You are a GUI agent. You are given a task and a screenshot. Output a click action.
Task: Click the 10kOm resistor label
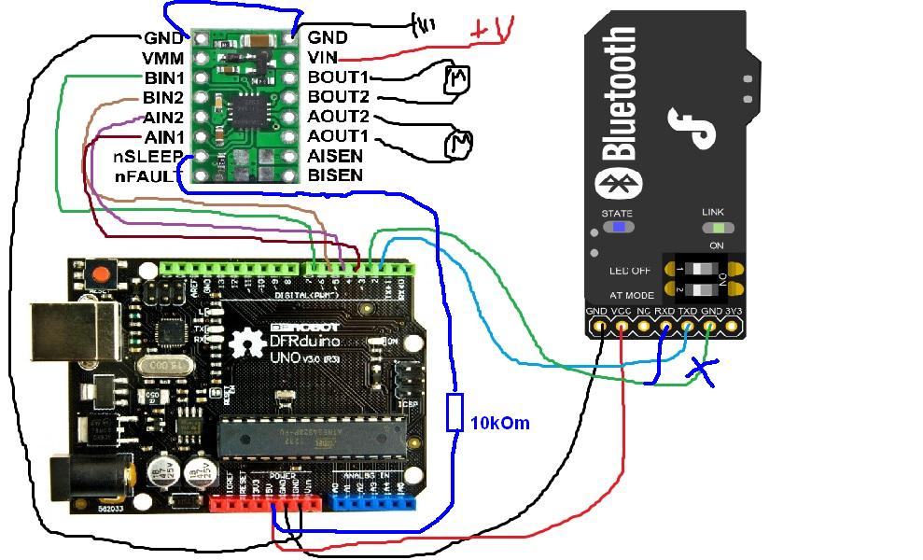[x=500, y=423]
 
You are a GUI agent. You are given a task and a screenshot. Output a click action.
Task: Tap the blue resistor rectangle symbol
[x=455, y=412]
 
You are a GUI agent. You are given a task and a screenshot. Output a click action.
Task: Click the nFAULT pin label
[x=147, y=175]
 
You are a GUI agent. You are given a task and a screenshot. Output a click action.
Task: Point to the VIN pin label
[x=323, y=58]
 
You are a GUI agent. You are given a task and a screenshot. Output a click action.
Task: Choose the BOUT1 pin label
[x=338, y=77]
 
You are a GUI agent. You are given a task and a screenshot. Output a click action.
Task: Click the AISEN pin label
[x=335, y=156]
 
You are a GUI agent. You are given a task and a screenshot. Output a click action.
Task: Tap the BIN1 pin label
[x=163, y=77]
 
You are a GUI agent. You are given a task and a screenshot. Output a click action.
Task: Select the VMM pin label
[x=163, y=58]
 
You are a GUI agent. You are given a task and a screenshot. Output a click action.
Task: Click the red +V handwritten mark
[x=492, y=31]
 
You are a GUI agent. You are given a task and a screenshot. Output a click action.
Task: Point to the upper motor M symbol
[x=455, y=78]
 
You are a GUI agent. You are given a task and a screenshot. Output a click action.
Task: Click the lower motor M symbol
[x=458, y=142]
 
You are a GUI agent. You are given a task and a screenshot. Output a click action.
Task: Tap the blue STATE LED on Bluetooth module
[x=617, y=226]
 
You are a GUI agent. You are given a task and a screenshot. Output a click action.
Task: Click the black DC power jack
[x=75, y=476]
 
